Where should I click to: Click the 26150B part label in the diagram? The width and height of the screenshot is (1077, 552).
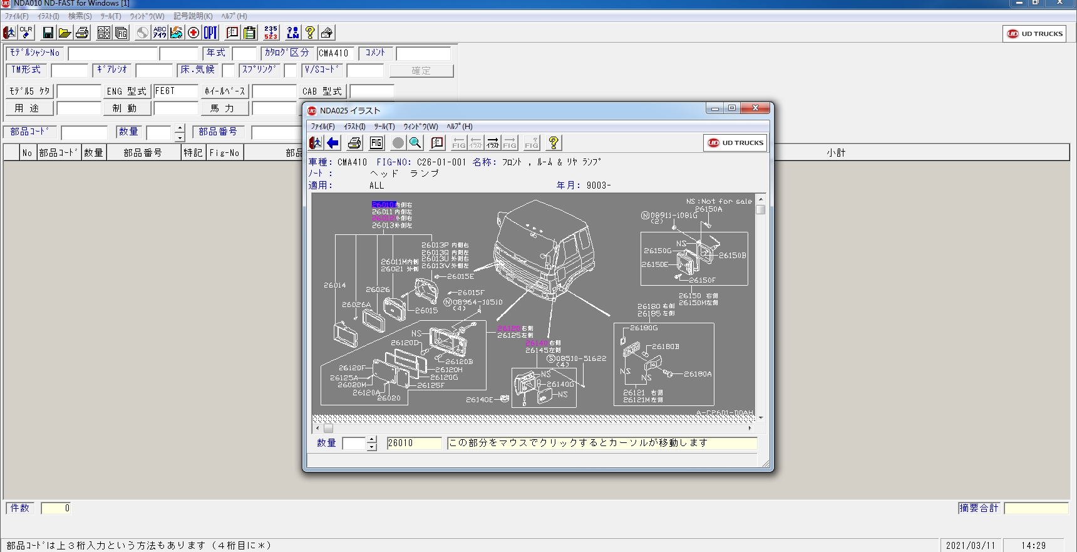[732, 256]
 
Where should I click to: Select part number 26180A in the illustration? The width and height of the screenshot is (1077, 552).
[698, 374]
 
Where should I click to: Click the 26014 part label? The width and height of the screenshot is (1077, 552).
[334, 285]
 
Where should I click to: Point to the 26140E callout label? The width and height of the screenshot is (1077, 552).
[479, 400]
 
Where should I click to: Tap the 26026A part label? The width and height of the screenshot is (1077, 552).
[356, 305]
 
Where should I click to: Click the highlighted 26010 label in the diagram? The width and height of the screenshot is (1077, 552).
[383, 205]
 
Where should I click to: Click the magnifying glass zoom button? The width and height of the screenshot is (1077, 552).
[415, 143]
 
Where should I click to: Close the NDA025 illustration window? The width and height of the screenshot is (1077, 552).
[756, 108]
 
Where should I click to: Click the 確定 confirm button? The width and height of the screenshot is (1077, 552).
[421, 71]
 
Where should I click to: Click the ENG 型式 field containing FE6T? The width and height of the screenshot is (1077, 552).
[175, 91]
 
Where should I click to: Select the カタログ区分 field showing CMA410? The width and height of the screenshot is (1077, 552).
[335, 53]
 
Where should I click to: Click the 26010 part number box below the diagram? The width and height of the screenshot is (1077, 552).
[413, 443]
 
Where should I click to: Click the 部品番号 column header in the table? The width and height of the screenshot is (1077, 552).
[143, 152]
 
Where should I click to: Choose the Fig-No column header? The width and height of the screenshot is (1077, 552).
[224, 152]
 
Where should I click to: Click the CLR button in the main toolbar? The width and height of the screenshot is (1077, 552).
[26, 33]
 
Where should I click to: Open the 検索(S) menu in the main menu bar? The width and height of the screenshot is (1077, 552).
[80, 16]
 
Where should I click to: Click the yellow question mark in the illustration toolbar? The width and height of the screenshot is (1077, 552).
[553, 143]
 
